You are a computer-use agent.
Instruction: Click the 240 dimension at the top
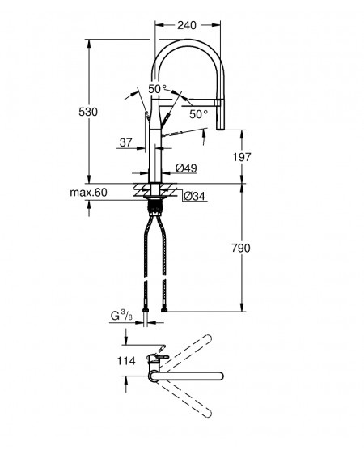[186, 25]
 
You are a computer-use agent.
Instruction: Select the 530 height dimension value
[88, 112]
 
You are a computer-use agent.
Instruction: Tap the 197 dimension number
[242, 157]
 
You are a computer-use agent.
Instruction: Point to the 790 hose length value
[241, 249]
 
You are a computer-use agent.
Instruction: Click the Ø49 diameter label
[186, 168]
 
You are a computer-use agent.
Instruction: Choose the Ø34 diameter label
[195, 196]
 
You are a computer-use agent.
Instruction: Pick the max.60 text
[88, 193]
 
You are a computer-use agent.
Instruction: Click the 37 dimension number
[126, 142]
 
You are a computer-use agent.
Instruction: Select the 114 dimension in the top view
[126, 361]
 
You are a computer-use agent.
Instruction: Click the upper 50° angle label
[157, 89]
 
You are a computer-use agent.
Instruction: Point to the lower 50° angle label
[198, 114]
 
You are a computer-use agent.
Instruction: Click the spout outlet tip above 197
[221, 128]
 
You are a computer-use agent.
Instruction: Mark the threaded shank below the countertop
[154, 207]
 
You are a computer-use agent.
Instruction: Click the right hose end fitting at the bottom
[164, 309]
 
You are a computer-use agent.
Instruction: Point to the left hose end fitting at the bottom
[145, 309]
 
